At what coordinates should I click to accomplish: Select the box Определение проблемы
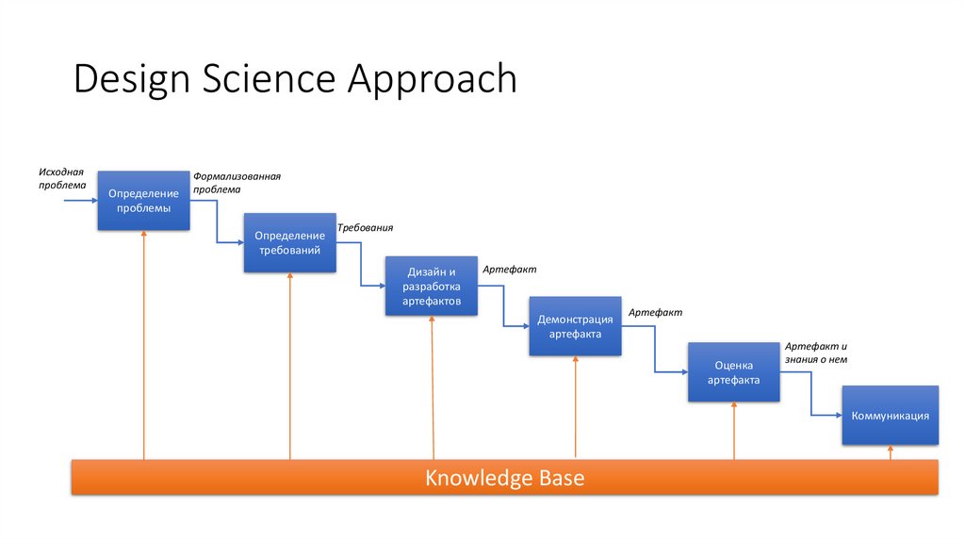[x=144, y=201]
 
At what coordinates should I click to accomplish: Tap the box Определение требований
[x=289, y=243]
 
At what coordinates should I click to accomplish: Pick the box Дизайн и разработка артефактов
[x=432, y=286]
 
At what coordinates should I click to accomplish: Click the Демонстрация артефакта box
[x=575, y=326]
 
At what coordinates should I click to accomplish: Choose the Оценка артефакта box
[x=733, y=372]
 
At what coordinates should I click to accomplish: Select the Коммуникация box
[x=890, y=416]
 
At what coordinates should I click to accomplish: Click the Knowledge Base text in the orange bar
[x=505, y=478]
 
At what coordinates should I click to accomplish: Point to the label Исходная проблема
[x=62, y=178]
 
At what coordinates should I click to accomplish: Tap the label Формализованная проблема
[x=237, y=182]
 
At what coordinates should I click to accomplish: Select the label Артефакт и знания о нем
[x=816, y=352]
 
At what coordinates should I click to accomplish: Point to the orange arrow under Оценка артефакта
[x=733, y=431]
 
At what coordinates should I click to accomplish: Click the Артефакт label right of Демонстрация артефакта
[x=656, y=312]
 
